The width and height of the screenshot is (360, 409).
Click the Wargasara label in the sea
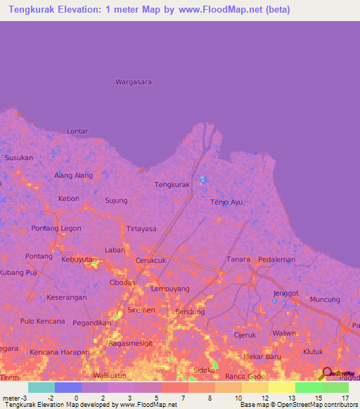coord(134,82)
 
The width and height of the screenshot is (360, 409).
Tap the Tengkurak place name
coord(172,185)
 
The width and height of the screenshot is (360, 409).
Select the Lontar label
coord(77,131)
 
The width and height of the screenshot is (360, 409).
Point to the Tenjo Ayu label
coord(226,202)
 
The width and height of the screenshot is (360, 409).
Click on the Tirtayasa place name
coord(141,229)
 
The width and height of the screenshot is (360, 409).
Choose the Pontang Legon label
coord(56,228)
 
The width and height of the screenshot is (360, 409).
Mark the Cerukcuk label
coord(150,260)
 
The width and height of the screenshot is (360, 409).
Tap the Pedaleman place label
coord(276,259)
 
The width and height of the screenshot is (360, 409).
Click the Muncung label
coord(324,299)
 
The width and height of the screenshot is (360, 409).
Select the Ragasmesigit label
coord(131,344)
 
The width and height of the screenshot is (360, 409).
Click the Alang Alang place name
coord(74,176)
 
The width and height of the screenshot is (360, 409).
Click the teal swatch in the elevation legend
coord(41,387)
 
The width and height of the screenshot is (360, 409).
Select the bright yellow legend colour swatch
coord(281,387)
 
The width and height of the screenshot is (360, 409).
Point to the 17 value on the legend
coord(345,398)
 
